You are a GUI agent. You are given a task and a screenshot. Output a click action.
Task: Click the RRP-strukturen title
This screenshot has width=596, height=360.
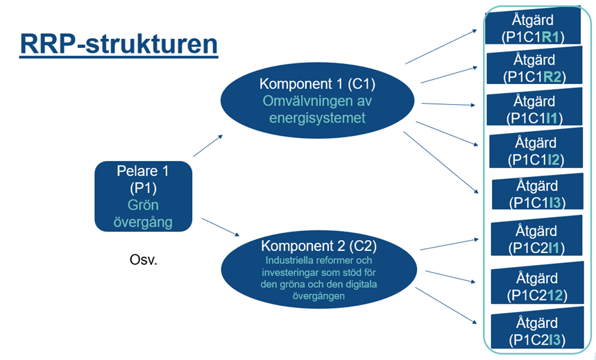coord(119,44)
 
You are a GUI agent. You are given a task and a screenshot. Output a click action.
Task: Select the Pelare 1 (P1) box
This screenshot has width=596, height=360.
coord(143,196)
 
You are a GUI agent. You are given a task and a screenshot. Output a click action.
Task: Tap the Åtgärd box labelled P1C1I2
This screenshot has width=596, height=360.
coord(534,151)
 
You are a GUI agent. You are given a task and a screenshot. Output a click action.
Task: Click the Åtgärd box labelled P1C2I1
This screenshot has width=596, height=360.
coord(535,239)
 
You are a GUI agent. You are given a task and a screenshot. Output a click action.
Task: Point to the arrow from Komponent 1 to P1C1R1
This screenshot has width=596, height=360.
coord(441,48)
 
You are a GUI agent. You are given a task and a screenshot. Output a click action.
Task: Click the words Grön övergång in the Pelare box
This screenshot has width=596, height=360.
coord(143,214)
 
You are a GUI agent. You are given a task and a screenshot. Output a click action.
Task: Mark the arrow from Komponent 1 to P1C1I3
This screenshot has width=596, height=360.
coord(442,162)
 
